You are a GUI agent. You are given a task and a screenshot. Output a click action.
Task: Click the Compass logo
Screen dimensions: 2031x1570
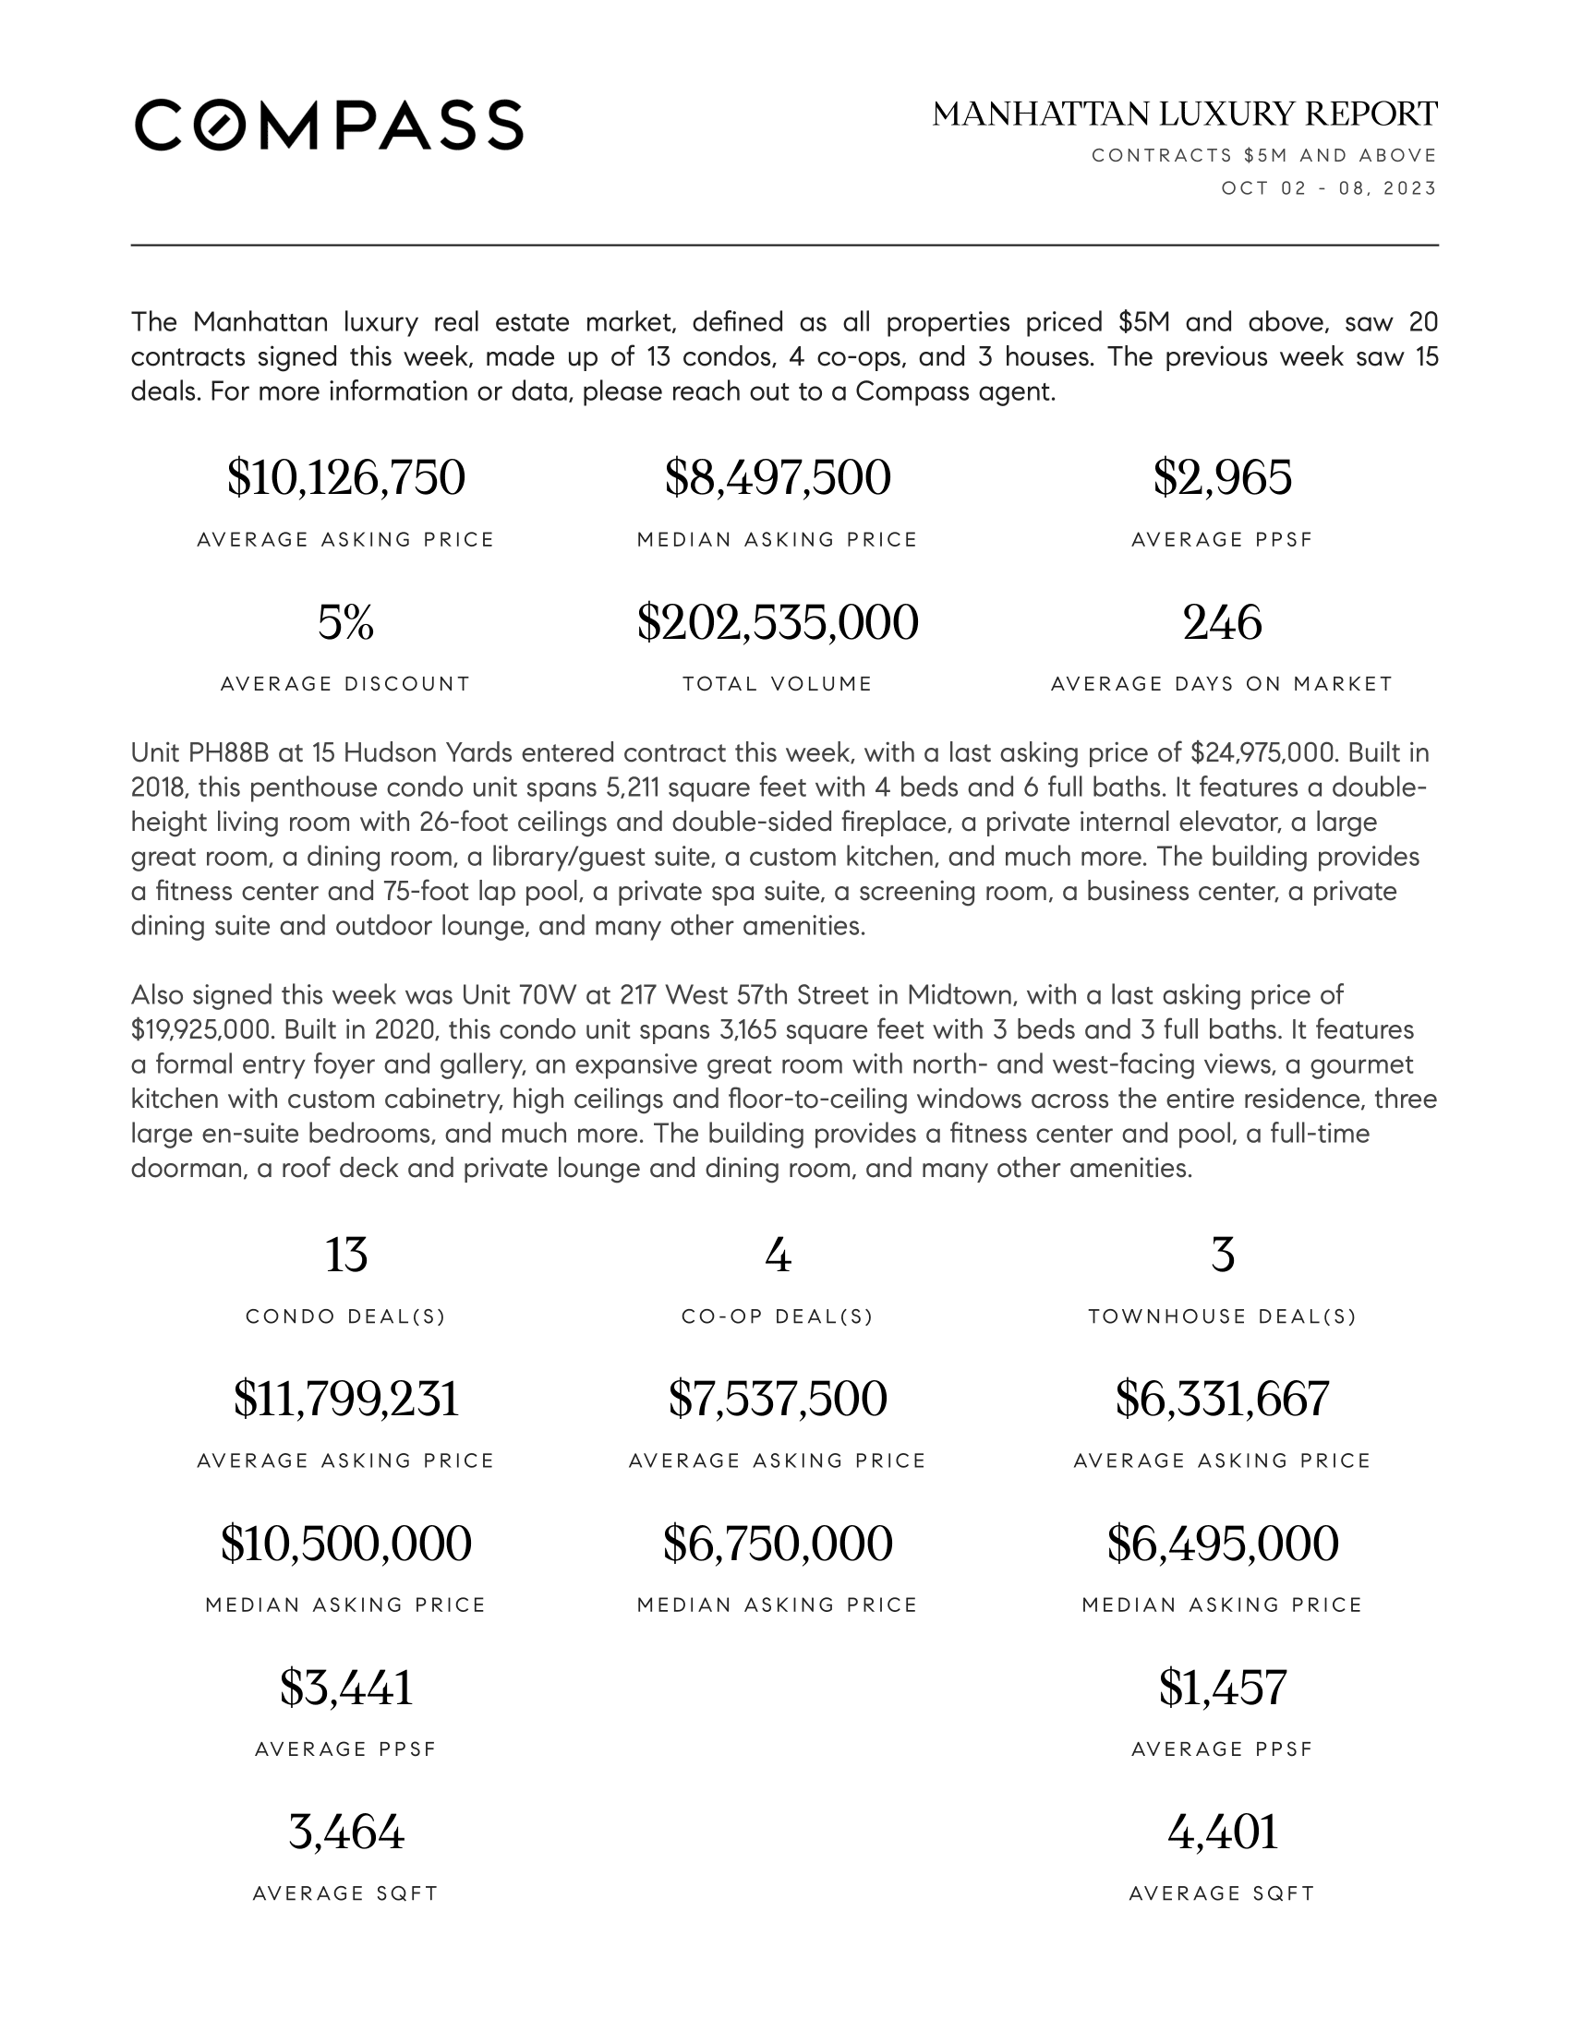[329, 125]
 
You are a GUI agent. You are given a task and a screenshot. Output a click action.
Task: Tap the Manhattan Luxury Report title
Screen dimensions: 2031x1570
[1184, 114]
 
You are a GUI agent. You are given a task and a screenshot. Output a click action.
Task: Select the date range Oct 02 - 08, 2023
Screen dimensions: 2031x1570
[1328, 188]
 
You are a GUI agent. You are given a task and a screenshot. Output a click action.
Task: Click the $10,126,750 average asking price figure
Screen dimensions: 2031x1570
[346, 478]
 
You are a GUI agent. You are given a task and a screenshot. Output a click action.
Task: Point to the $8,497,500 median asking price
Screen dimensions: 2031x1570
[778, 478]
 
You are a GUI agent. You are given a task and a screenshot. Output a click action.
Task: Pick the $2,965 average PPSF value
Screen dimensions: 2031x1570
[1222, 478]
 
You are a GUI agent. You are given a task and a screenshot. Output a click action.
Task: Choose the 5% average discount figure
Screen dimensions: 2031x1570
[346, 622]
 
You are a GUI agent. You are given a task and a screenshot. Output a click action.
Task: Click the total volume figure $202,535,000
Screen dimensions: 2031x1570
[778, 622]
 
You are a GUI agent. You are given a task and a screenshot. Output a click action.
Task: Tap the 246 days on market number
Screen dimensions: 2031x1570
[1222, 622]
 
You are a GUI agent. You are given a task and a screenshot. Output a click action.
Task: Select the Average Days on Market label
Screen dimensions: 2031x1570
[1222, 684]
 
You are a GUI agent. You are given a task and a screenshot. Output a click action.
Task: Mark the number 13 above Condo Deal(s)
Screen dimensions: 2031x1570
[346, 1255]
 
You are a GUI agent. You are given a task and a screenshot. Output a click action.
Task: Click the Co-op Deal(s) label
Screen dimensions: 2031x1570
[778, 1316]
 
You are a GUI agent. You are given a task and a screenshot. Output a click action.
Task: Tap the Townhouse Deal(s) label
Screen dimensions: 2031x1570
[1222, 1316]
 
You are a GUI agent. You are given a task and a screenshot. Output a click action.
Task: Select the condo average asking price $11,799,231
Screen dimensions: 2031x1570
[346, 1399]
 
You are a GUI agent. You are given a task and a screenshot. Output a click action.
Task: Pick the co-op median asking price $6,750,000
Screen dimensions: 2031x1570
[778, 1544]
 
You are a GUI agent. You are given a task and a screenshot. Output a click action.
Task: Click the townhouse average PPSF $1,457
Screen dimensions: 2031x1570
[1222, 1688]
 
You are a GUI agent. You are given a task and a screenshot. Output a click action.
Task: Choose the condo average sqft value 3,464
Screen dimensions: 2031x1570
[346, 1832]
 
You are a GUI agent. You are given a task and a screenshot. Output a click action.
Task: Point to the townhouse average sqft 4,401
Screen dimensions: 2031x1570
[1222, 1832]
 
